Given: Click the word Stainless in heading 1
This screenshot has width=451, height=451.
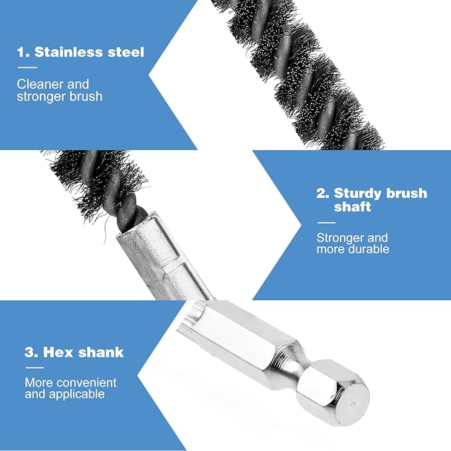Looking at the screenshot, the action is pyautogui.click(x=68, y=52).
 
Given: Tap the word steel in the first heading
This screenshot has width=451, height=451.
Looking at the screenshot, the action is pyautogui.click(x=126, y=52).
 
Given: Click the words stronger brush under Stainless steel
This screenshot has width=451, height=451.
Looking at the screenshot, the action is pyautogui.click(x=60, y=96).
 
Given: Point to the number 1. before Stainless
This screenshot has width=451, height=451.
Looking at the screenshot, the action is pyautogui.click(x=23, y=52).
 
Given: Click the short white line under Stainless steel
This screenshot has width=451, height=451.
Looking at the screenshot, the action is pyautogui.click(x=28, y=68).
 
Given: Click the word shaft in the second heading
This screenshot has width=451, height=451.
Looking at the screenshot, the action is pyautogui.click(x=352, y=207).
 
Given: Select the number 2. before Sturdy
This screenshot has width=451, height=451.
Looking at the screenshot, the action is pyautogui.click(x=323, y=193).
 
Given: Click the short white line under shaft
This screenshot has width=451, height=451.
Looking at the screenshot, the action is pyautogui.click(x=326, y=223).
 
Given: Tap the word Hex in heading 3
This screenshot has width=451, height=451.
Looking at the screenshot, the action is pyautogui.click(x=58, y=352).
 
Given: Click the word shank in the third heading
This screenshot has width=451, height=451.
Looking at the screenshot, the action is pyautogui.click(x=101, y=352).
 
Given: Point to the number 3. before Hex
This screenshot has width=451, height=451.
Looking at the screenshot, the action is pyautogui.click(x=31, y=352).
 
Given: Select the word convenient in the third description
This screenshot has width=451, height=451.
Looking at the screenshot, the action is pyautogui.click(x=88, y=383).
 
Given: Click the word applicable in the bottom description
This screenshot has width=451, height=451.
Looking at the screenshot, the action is pyautogui.click(x=77, y=395).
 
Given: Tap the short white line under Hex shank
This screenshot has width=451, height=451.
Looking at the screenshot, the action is pyautogui.click(x=35, y=367).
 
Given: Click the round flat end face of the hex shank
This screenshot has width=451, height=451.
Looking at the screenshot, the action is pyautogui.click(x=352, y=403).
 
